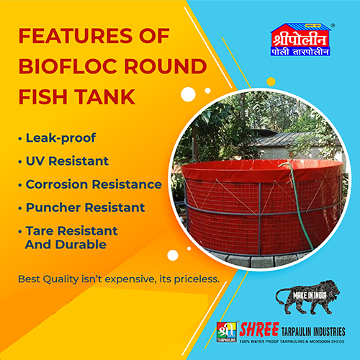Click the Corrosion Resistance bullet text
(x=93, y=184)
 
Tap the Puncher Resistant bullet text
(x=84, y=208)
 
